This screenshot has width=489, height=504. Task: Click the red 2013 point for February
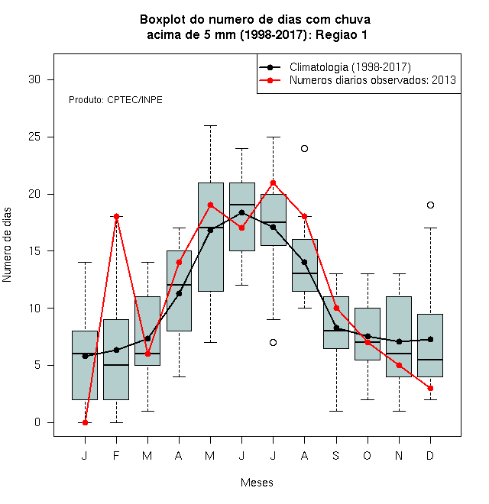click(x=116, y=216)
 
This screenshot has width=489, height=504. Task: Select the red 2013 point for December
click(x=430, y=388)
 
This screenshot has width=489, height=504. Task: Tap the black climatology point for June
click(x=242, y=212)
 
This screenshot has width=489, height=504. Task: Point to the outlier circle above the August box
click(x=304, y=148)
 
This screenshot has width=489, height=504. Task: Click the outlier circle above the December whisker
click(x=430, y=205)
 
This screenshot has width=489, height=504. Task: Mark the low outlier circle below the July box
click(x=273, y=342)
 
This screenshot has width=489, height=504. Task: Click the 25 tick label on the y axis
click(x=34, y=137)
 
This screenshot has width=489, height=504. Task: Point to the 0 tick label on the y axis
click(x=37, y=422)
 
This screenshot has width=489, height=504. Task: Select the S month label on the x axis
click(x=336, y=455)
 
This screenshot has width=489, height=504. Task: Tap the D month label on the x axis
click(x=430, y=455)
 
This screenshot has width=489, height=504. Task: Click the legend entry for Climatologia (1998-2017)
click(x=335, y=67)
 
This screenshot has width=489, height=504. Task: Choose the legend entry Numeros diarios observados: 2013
click(x=358, y=80)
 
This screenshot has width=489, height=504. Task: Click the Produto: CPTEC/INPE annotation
click(x=115, y=100)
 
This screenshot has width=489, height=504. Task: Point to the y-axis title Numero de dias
click(x=7, y=245)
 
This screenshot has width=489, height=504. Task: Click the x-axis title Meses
click(x=257, y=483)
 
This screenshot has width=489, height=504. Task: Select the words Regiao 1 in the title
click(x=342, y=34)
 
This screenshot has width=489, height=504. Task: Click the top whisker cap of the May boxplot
click(x=210, y=126)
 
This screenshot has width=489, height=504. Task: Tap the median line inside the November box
click(x=399, y=354)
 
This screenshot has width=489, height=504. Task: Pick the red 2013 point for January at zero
click(x=86, y=423)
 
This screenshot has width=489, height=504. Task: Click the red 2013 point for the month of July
click(x=273, y=183)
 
